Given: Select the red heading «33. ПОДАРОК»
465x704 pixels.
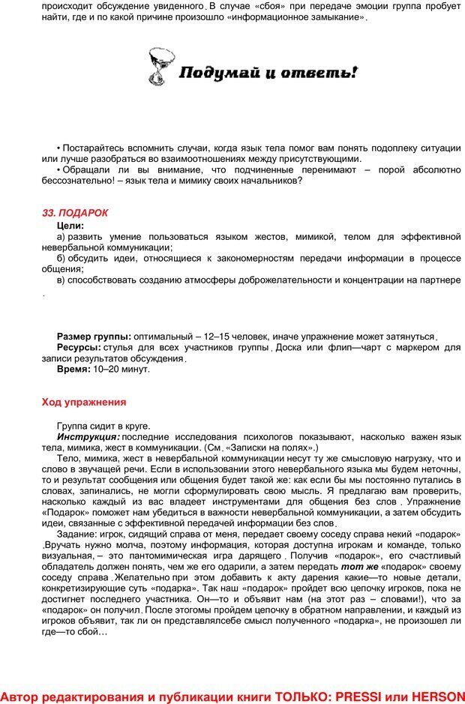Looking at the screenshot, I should pos(75,213).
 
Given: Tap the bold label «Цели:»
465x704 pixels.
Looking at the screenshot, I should pos(70,225).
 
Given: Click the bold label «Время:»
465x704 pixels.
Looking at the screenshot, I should pos(74,369).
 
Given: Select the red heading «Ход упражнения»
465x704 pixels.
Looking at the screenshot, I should pos(83,402).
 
